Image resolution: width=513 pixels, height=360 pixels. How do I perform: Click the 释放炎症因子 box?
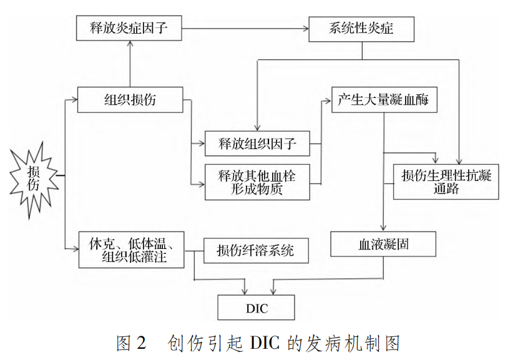tap(130, 29)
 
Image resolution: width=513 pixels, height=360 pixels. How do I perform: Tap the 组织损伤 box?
tap(130, 100)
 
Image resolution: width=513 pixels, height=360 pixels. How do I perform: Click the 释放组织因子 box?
tap(257, 145)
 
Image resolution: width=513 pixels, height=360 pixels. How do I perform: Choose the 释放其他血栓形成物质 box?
tap(257, 182)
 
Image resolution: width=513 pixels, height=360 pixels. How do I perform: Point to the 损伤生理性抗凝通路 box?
tap(446, 182)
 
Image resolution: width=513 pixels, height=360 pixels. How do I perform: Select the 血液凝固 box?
tap(384, 245)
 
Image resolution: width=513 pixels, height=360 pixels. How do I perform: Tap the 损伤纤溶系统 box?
tap(256, 251)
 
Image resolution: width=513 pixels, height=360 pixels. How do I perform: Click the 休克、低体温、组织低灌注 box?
tap(132, 249)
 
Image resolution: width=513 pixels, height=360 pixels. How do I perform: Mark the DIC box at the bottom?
tap(256, 307)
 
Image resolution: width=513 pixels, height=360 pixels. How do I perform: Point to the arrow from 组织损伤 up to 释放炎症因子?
tap(130, 62)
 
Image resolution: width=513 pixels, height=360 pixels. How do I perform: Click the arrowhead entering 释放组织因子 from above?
tap(256, 128)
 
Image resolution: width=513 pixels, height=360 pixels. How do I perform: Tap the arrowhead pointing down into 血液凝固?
tap(384, 228)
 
